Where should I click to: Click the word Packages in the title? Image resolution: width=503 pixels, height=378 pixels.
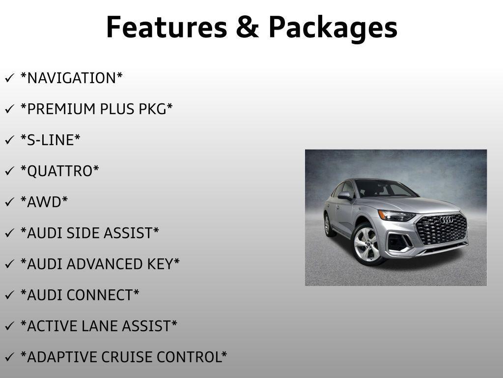point(333,28)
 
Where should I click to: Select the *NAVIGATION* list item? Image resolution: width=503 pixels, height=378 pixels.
point(71,78)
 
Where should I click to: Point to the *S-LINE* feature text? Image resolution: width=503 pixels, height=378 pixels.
point(50,140)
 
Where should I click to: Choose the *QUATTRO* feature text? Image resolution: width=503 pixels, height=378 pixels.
point(59,171)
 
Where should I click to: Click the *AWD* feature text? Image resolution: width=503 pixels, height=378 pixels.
point(44,202)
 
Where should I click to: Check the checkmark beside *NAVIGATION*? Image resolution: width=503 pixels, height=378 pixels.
point(9,78)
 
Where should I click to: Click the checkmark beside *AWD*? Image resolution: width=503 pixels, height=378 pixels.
point(9,202)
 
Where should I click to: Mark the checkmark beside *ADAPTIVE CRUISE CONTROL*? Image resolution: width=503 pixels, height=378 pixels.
point(9,357)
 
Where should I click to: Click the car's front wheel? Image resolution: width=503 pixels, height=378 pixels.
point(366,244)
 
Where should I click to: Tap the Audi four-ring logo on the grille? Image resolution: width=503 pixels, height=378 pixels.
point(446,220)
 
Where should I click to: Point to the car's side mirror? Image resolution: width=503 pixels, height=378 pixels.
point(345,196)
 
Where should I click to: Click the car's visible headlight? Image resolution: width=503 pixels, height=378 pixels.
point(396,215)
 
